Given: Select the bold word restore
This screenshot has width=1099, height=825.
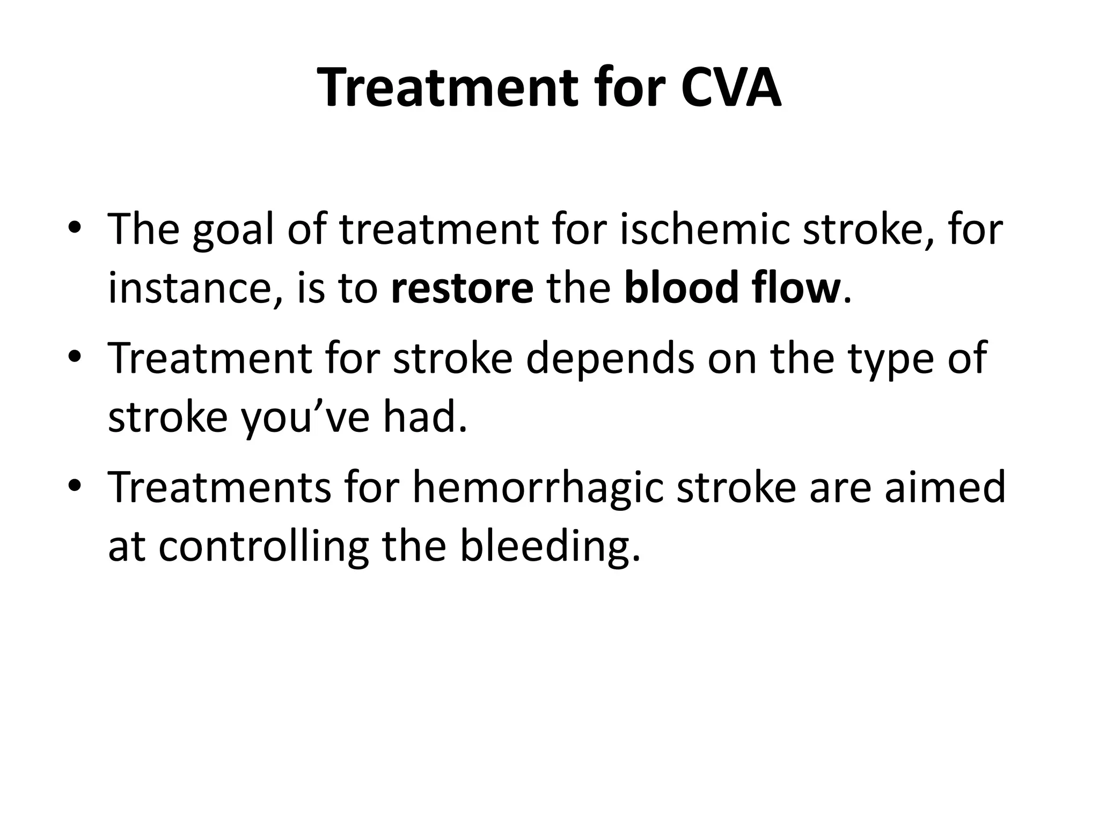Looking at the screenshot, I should pyautogui.click(x=462, y=288).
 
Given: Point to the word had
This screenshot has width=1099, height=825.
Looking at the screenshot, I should pyautogui.click(x=424, y=417).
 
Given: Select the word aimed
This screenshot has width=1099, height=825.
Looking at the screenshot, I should pyautogui.click(x=944, y=487).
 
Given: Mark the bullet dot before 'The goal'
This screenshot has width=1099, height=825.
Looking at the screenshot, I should pyautogui.click(x=75, y=228).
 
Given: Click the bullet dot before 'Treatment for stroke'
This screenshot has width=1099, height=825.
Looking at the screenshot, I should pyautogui.click(x=75, y=357).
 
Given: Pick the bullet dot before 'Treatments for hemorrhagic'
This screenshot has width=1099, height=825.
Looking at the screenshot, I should pyautogui.click(x=75, y=486).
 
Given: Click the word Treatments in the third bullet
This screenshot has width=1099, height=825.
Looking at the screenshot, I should pyautogui.click(x=219, y=487).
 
